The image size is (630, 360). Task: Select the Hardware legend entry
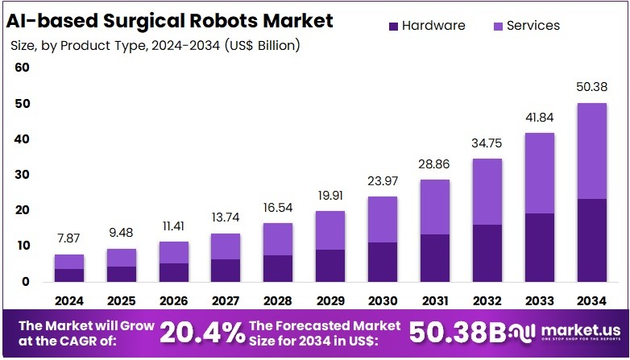[426, 26]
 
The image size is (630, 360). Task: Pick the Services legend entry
[524, 26]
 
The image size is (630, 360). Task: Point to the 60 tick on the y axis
[22, 68]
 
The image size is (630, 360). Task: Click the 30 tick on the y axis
[22, 175]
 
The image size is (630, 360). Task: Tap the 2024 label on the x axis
[68, 300]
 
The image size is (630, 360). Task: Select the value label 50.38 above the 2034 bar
[591, 87]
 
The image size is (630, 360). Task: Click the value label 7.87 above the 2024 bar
[68, 238]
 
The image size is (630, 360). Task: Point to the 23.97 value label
[383, 180]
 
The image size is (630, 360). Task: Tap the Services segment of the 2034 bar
[591, 151]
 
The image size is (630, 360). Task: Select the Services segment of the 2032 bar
[487, 192]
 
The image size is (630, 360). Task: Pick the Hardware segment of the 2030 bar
[383, 262]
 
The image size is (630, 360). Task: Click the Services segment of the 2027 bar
[226, 246]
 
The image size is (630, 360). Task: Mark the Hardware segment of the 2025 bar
[121, 274]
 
